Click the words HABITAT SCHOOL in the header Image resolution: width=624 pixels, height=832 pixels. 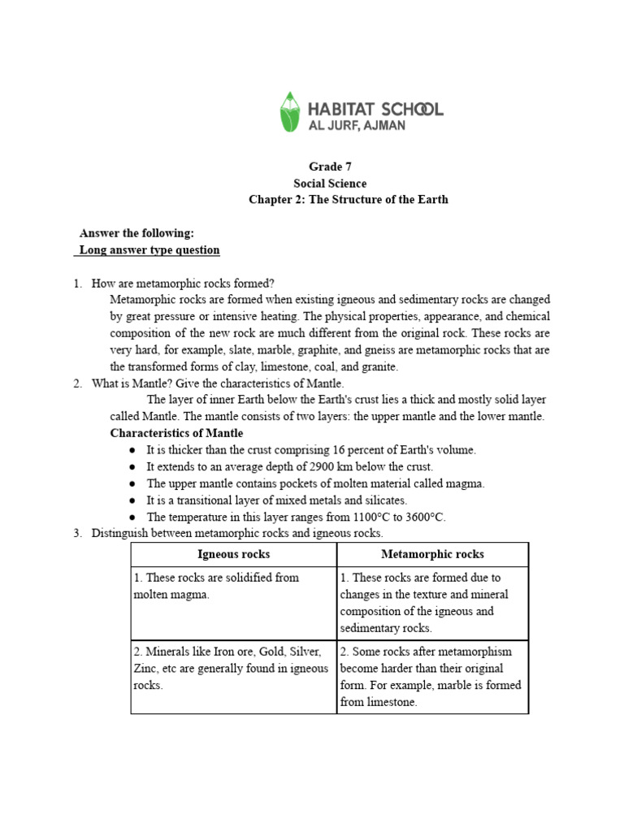[375, 109]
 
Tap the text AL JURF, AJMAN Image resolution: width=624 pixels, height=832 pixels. [357, 126]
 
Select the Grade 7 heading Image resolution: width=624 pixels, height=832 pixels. [329, 167]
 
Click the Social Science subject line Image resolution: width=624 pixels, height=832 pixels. [329, 184]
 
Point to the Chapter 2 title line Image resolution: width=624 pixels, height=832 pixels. [348, 200]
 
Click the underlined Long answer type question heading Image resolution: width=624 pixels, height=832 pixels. [149, 250]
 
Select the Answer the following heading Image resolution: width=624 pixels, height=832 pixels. [136, 233]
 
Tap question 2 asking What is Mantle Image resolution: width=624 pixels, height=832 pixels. [218, 383]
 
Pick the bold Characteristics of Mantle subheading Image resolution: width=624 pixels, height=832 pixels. [176, 433]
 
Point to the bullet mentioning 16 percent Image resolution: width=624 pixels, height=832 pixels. [310, 450]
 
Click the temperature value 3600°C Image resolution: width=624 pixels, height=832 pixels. [422, 517]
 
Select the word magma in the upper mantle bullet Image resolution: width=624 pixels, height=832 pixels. [466, 483]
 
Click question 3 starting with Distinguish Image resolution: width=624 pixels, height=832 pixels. [236, 534]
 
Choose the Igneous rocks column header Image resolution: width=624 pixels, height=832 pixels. [234, 554]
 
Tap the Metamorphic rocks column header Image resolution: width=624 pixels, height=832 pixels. [432, 554]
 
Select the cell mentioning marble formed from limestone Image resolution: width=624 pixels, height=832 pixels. [431, 676]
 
